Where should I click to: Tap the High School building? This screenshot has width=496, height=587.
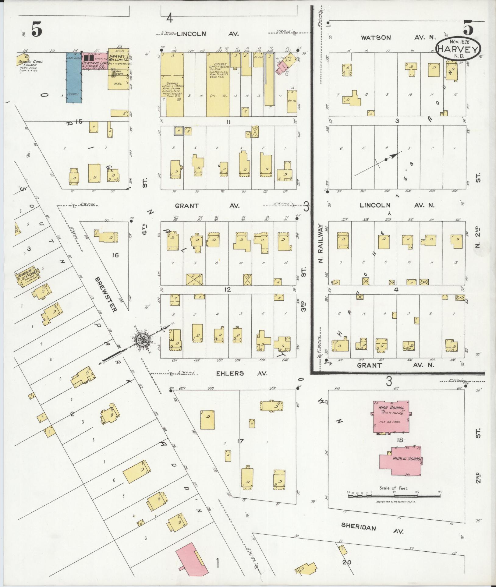(x=391, y=417)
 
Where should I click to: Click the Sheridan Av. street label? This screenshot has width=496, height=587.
(x=372, y=529)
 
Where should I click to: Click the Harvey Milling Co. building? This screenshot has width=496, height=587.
(x=119, y=69)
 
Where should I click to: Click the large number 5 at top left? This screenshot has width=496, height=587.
(x=36, y=30)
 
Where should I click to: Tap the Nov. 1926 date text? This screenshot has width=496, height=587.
(x=458, y=41)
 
